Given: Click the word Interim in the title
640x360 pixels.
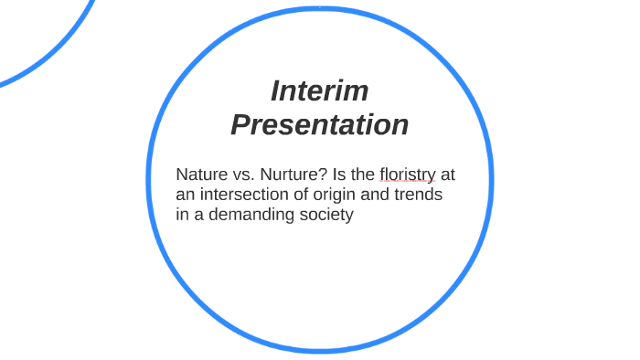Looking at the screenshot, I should tap(319, 91).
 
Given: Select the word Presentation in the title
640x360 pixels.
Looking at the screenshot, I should tap(319, 124).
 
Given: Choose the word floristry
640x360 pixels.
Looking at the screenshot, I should tap(407, 174).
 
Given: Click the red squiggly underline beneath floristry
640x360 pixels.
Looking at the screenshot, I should tap(407, 183).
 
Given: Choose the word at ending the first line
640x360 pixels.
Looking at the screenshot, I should tap(447, 174).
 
